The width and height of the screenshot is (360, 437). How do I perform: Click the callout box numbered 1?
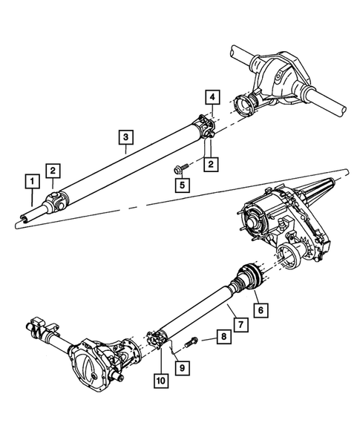(30, 180)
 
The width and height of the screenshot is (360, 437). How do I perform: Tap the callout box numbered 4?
(212, 96)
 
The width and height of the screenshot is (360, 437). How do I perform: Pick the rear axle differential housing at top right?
(279, 75)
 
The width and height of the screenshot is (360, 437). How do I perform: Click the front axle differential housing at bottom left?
(96, 364)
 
